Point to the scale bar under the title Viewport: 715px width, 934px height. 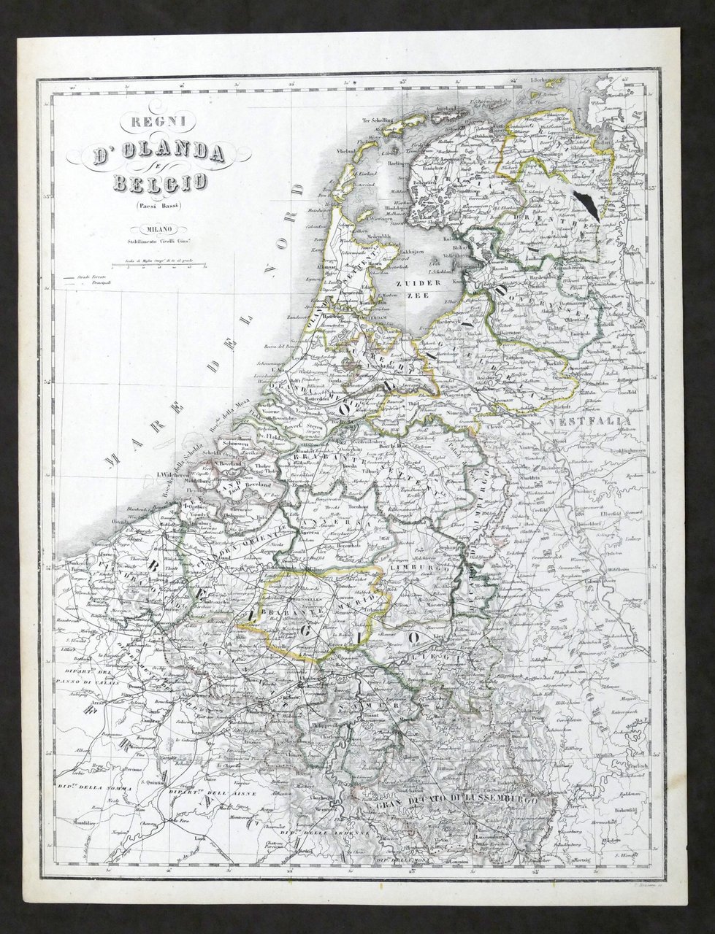coord(156,266)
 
